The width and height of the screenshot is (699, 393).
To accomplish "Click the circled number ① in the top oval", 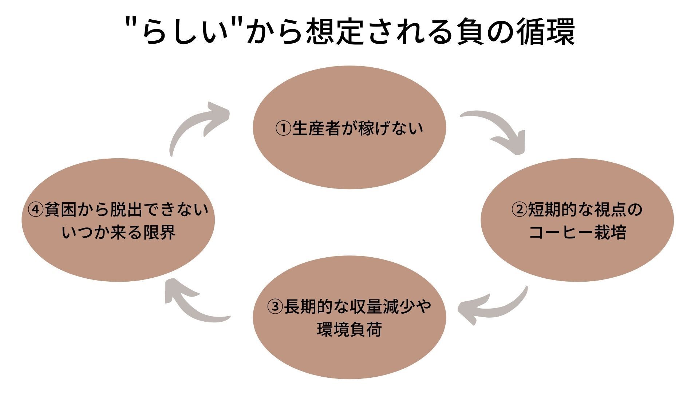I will pos(283,128).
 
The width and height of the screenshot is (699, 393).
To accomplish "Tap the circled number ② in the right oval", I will pos(519,210).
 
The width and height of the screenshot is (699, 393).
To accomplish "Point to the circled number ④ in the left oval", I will pos(35,210).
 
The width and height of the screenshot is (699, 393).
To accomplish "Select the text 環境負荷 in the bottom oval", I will pos(349,329).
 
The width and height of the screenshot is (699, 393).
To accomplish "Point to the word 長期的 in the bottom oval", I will pos(308,306).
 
